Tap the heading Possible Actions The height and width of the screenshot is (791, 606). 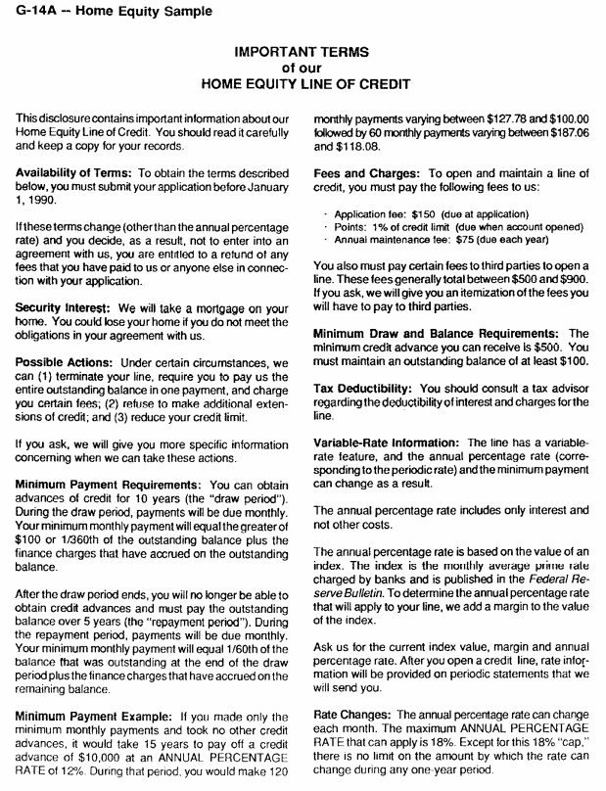point(63,362)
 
